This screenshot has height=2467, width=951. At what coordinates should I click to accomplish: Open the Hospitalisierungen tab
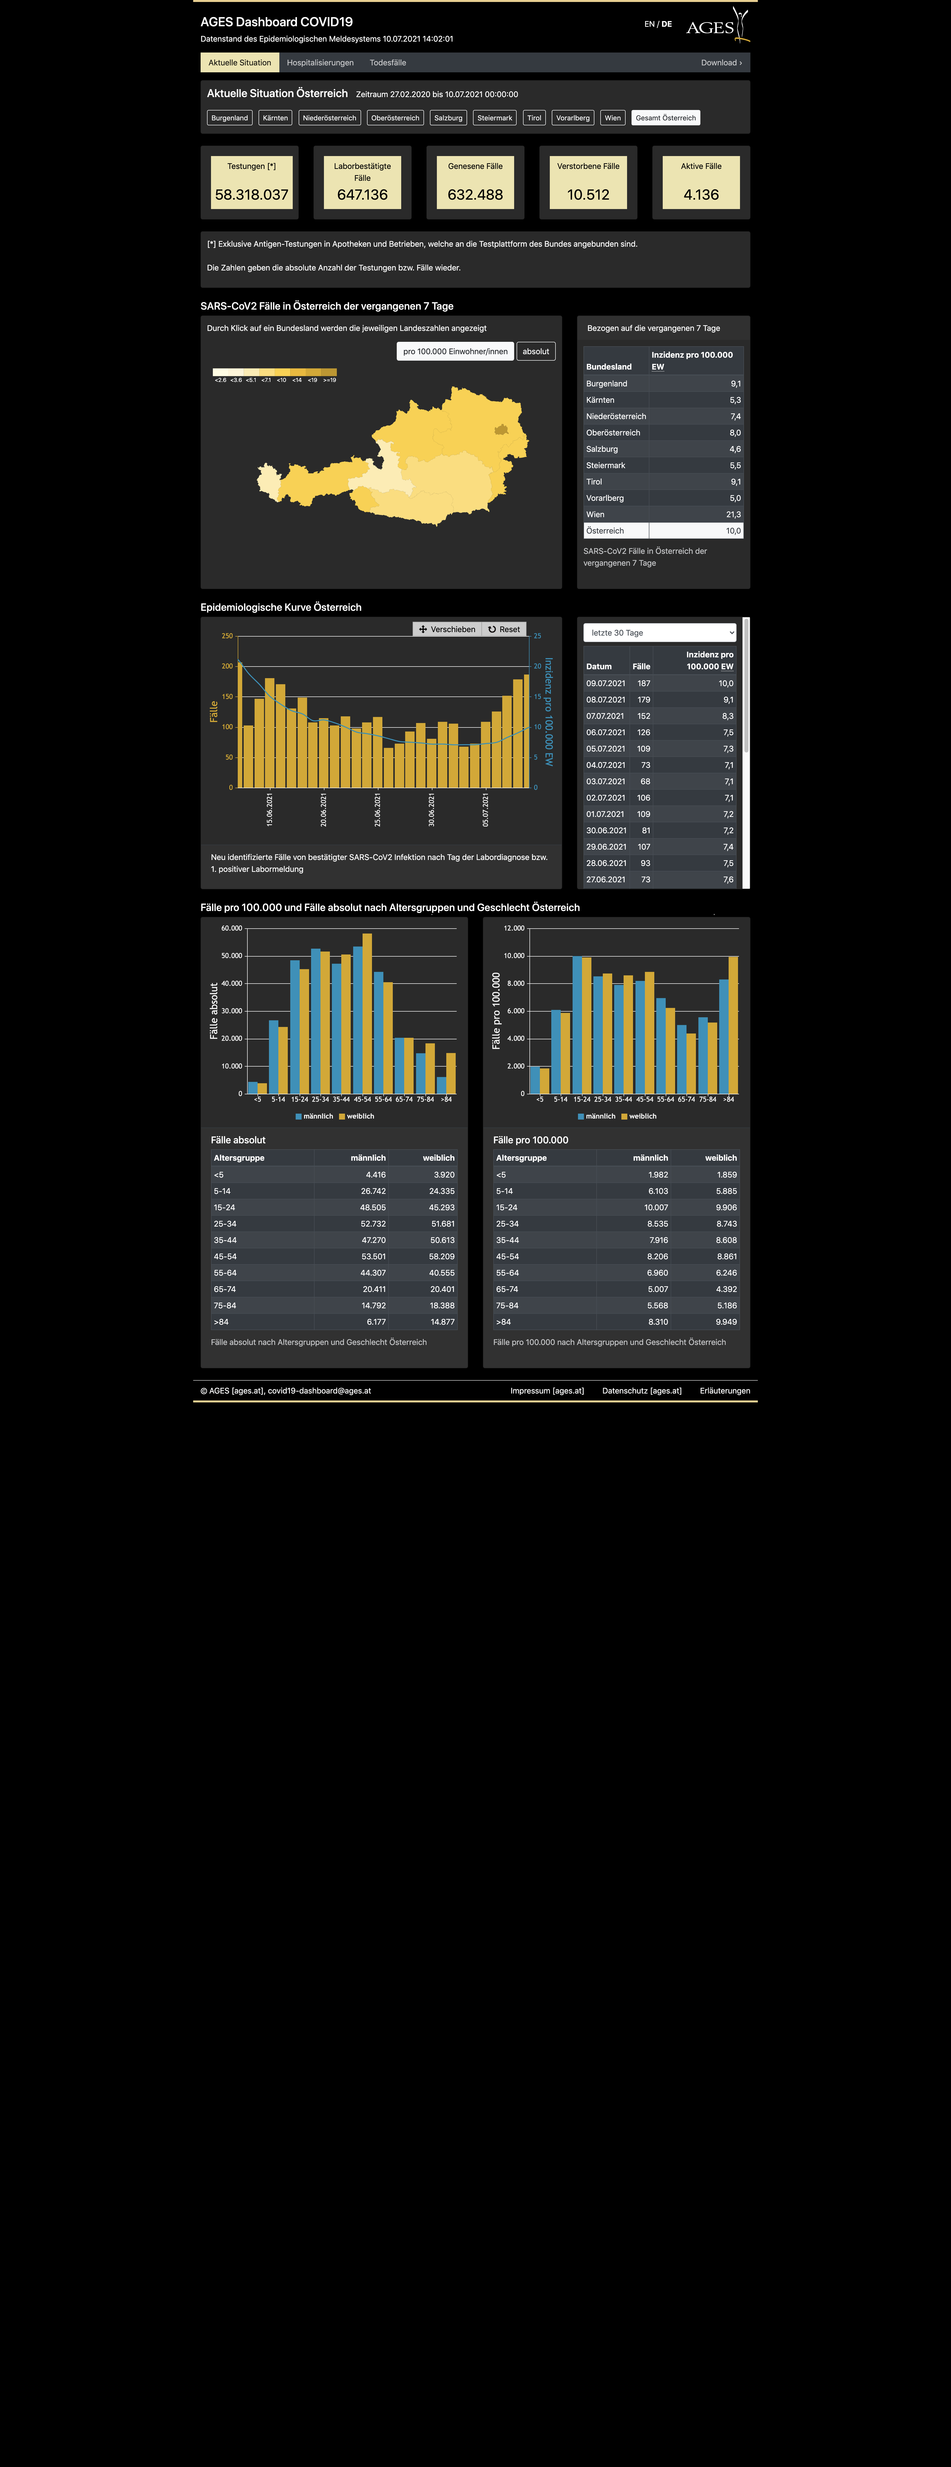320,62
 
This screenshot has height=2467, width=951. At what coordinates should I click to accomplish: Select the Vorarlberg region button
573,118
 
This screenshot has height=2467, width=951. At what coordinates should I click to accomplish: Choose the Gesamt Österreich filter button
666,118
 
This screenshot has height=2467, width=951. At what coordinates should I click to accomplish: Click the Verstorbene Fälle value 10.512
588,194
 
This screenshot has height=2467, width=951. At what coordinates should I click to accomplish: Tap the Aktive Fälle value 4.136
701,194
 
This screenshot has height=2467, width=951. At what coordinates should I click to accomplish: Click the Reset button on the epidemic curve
504,629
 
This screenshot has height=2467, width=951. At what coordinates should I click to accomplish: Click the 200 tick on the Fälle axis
227,666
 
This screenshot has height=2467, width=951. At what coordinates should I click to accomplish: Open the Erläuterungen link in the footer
725,1391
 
